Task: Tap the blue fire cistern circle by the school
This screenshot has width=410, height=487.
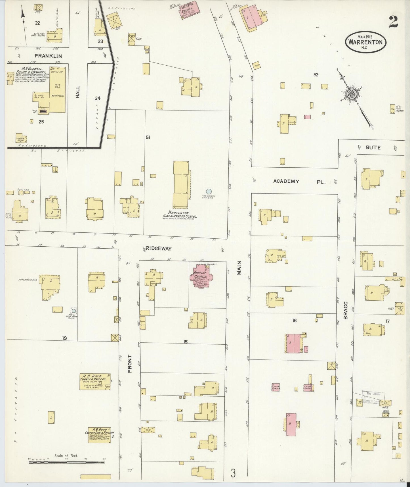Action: click(x=209, y=192)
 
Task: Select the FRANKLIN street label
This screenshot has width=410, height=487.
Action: click(x=48, y=56)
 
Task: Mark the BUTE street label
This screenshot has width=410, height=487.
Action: click(x=373, y=147)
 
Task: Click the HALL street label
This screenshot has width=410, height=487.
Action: click(x=78, y=92)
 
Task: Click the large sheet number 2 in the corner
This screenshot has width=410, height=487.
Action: click(x=394, y=22)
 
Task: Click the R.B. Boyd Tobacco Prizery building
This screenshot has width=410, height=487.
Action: click(x=95, y=382)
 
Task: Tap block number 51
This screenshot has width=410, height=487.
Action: click(x=148, y=138)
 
